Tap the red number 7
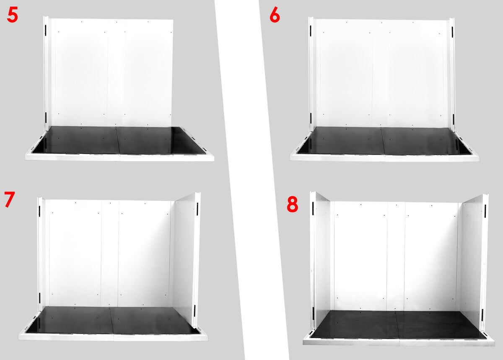click(9, 199)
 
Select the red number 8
click(293, 205)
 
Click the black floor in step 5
click(119, 140)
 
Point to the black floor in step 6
click(384, 141)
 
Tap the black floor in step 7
click(112, 320)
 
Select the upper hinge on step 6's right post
click(452, 32)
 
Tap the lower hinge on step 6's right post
click(453, 119)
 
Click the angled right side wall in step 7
click(185, 258)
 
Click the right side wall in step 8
click(471, 261)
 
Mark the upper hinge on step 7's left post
click(39, 211)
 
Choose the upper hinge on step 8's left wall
click(313, 208)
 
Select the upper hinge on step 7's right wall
click(197, 209)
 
